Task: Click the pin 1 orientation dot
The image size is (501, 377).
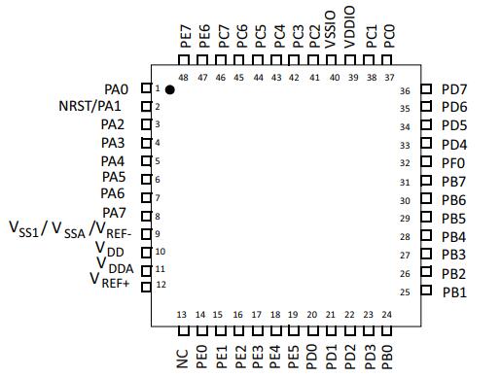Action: point(169,89)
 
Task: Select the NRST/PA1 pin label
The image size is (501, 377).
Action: point(89,106)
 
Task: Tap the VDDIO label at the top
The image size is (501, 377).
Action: point(349,27)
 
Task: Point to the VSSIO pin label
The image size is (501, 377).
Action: point(331,29)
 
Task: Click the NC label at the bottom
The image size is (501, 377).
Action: point(183,359)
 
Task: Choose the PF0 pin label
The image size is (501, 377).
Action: point(453,163)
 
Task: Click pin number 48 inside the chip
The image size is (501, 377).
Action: point(183,78)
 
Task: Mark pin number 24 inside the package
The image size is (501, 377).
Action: point(387,315)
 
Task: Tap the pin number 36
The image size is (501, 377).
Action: point(405,91)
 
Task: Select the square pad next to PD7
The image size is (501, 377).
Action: point(426,88)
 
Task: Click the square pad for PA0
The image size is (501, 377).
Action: point(146,88)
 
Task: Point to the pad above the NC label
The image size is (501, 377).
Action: point(184,331)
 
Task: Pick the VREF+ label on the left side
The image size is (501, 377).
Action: point(110,281)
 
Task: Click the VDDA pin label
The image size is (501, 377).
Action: point(115,265)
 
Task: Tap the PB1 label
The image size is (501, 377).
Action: point(454,292)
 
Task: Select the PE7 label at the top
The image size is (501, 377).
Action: point(186,36)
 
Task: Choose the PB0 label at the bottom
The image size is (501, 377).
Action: point(387,357)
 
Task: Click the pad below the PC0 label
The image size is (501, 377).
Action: point(386,60)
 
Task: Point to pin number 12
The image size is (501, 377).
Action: point(161,285)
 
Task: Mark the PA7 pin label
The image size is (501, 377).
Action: point(114,213)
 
